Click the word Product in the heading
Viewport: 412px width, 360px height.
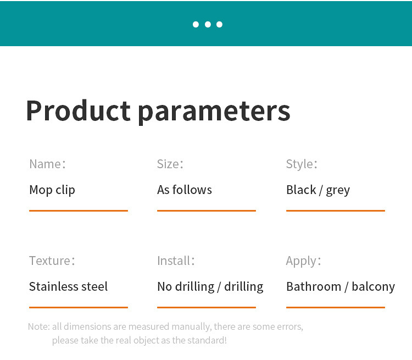79,110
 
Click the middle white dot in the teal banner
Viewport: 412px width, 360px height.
208,24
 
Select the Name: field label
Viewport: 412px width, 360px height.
47,164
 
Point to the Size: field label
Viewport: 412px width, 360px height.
170,164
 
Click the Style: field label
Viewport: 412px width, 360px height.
302,164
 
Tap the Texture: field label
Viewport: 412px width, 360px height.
52,261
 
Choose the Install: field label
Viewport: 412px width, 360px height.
176,261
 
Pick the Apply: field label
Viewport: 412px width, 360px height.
303,262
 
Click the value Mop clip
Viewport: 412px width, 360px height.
52,190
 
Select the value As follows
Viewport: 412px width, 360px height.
185,190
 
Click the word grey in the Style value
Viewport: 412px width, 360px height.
338,191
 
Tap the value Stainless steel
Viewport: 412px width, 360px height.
68,286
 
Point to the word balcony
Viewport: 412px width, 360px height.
374,287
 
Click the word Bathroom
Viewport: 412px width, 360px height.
314,286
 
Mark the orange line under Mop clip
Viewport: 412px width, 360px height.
79,211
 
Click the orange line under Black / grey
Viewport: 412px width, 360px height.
336,211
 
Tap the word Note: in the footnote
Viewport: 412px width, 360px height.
39,326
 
